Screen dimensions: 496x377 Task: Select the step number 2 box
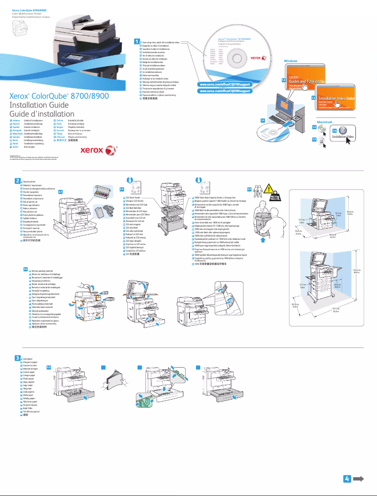[17, 181]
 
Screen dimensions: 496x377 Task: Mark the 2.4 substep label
[26, 269]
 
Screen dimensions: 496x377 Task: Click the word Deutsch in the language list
[17, 124]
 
